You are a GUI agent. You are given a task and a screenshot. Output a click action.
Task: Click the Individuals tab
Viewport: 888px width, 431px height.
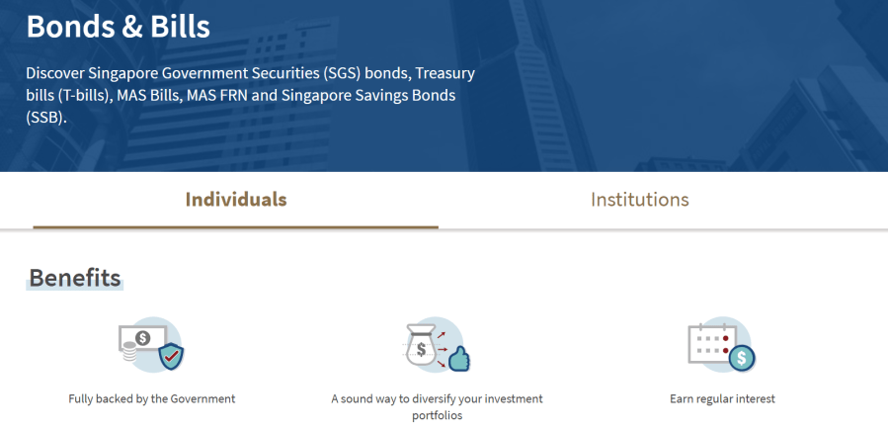click(236, 200)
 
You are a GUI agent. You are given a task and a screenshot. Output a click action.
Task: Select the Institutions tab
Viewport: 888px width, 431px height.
click(639, 200)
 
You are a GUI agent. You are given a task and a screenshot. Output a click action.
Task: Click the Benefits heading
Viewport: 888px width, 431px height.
click(75, 278)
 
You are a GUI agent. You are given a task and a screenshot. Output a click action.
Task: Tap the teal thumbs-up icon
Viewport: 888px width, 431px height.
click(459, 359)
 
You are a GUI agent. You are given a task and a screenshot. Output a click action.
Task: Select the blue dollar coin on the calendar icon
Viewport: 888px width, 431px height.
click(742, 359)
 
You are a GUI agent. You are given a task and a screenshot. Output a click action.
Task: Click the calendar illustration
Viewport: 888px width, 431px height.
click(712, 343)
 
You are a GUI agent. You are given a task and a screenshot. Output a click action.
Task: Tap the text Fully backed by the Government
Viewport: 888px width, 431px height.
click(152, 398)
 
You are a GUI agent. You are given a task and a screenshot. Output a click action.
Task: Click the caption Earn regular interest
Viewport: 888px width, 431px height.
click(722, 398)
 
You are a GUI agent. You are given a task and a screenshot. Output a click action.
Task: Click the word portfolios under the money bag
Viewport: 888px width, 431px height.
click(437, 416)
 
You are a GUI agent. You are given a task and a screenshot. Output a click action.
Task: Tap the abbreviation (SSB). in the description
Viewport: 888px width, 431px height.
click(46, 119)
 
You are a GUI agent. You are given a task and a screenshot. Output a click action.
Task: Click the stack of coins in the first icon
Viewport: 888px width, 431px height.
click(130, 352)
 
